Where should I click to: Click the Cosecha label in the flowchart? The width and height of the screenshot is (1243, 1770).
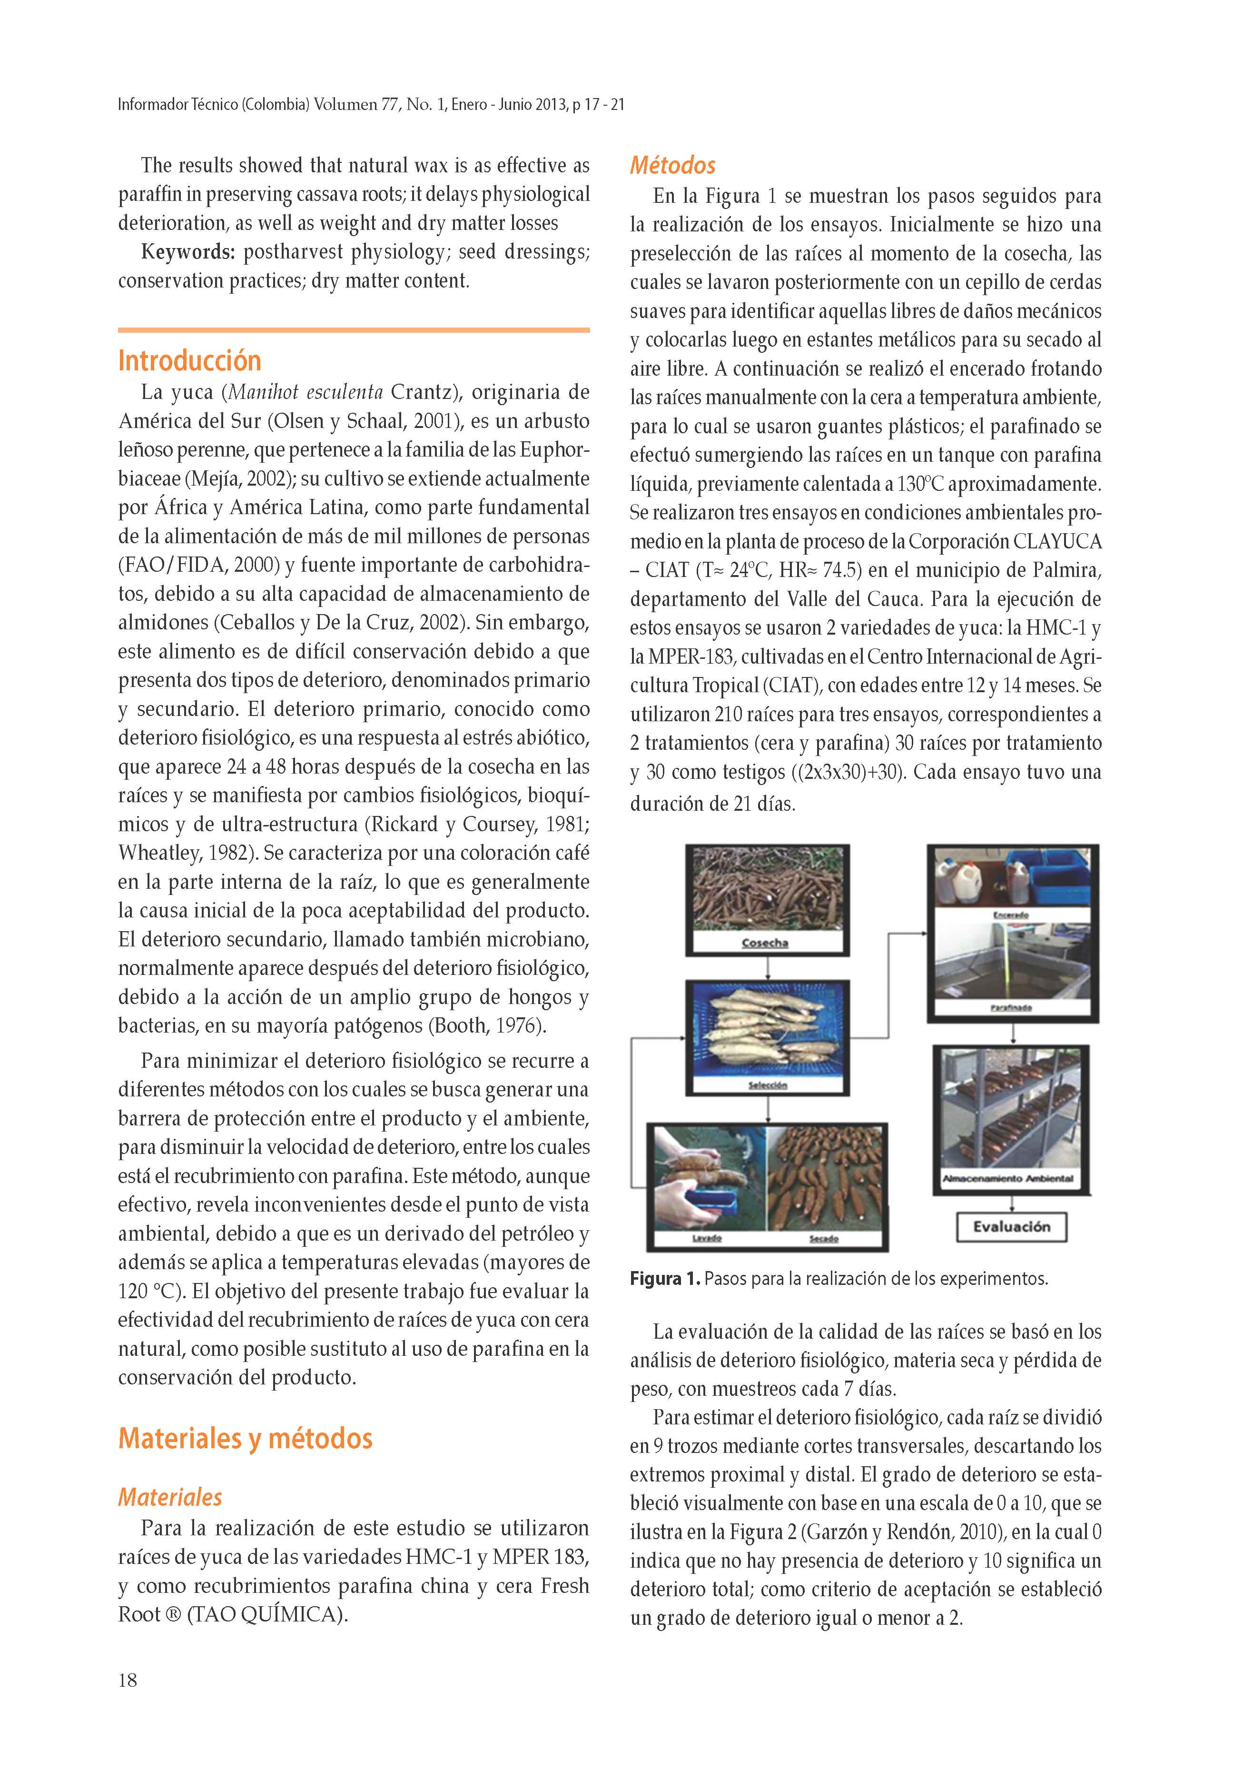764,943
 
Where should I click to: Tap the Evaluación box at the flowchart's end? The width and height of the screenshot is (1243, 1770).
1011,1226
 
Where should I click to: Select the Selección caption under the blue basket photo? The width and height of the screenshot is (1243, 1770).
767,1084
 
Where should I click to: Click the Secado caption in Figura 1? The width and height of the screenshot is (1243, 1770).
824,1238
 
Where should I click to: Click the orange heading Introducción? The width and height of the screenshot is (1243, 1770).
189,360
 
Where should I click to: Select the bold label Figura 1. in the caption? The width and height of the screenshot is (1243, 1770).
664,1279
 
